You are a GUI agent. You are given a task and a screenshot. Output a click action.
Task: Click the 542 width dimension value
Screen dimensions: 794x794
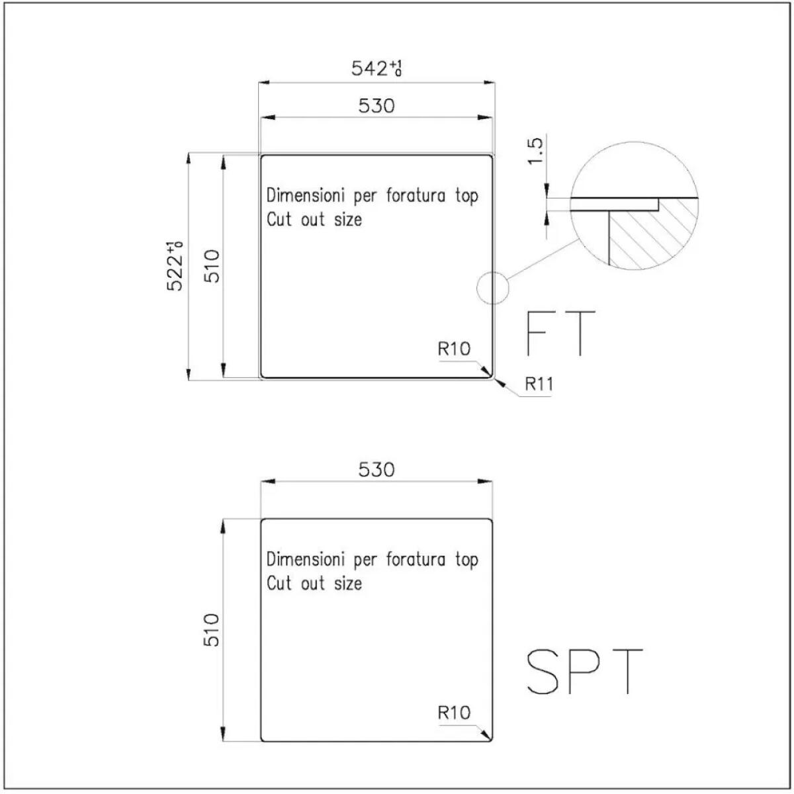click(376, 68)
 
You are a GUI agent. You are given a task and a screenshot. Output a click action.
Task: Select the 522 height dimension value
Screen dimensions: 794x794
click(175, 267)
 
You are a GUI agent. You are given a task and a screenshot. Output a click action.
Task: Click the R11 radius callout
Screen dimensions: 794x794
click(539, 384)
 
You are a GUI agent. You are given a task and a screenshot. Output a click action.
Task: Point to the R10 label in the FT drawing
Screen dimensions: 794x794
click(454, 349)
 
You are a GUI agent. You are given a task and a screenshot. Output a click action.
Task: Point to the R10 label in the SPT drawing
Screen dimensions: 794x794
click(454, 713)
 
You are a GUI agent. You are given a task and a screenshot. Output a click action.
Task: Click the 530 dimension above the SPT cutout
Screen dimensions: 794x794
click(376, 469)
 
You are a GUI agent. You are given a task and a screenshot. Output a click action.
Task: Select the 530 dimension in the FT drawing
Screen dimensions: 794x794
click(376, 106)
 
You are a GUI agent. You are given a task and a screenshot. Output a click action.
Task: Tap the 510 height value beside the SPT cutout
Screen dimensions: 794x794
click(212, 630)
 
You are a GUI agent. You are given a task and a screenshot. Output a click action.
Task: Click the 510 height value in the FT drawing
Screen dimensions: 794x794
click(212, 266)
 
